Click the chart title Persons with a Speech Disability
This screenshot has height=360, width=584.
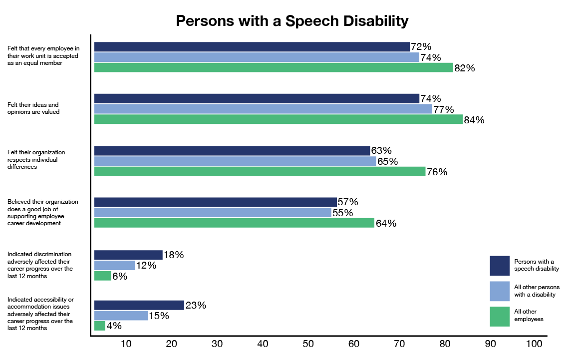click(x=292, y=21)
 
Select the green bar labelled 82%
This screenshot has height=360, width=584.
click(x=274, y=68)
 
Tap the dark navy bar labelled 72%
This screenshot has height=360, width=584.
click(x=252, y=47)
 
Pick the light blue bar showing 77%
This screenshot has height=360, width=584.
click(x=263, y=109)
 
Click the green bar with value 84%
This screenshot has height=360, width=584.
click(x=278, y=119)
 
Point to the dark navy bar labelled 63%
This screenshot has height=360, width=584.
click(x=232, y=151)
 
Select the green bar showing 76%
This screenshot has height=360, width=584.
click(x=260, y=172)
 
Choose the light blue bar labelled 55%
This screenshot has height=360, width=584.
click(x=213, y=213)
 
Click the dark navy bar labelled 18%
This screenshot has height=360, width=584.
click(x=128, y=255)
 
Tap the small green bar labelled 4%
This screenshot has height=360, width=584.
click(x=100, y=326)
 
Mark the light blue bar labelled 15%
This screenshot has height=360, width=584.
click(x=121, y=316)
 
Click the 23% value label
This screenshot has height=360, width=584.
click(x=196, y=305)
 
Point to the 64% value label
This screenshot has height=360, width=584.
click(x=386, y=224)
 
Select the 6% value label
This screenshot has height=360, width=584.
click(x=120, y=276)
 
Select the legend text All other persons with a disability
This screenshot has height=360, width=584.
click(x=537, y=291)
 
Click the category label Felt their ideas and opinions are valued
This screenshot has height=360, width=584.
click(x=33, y=108)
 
